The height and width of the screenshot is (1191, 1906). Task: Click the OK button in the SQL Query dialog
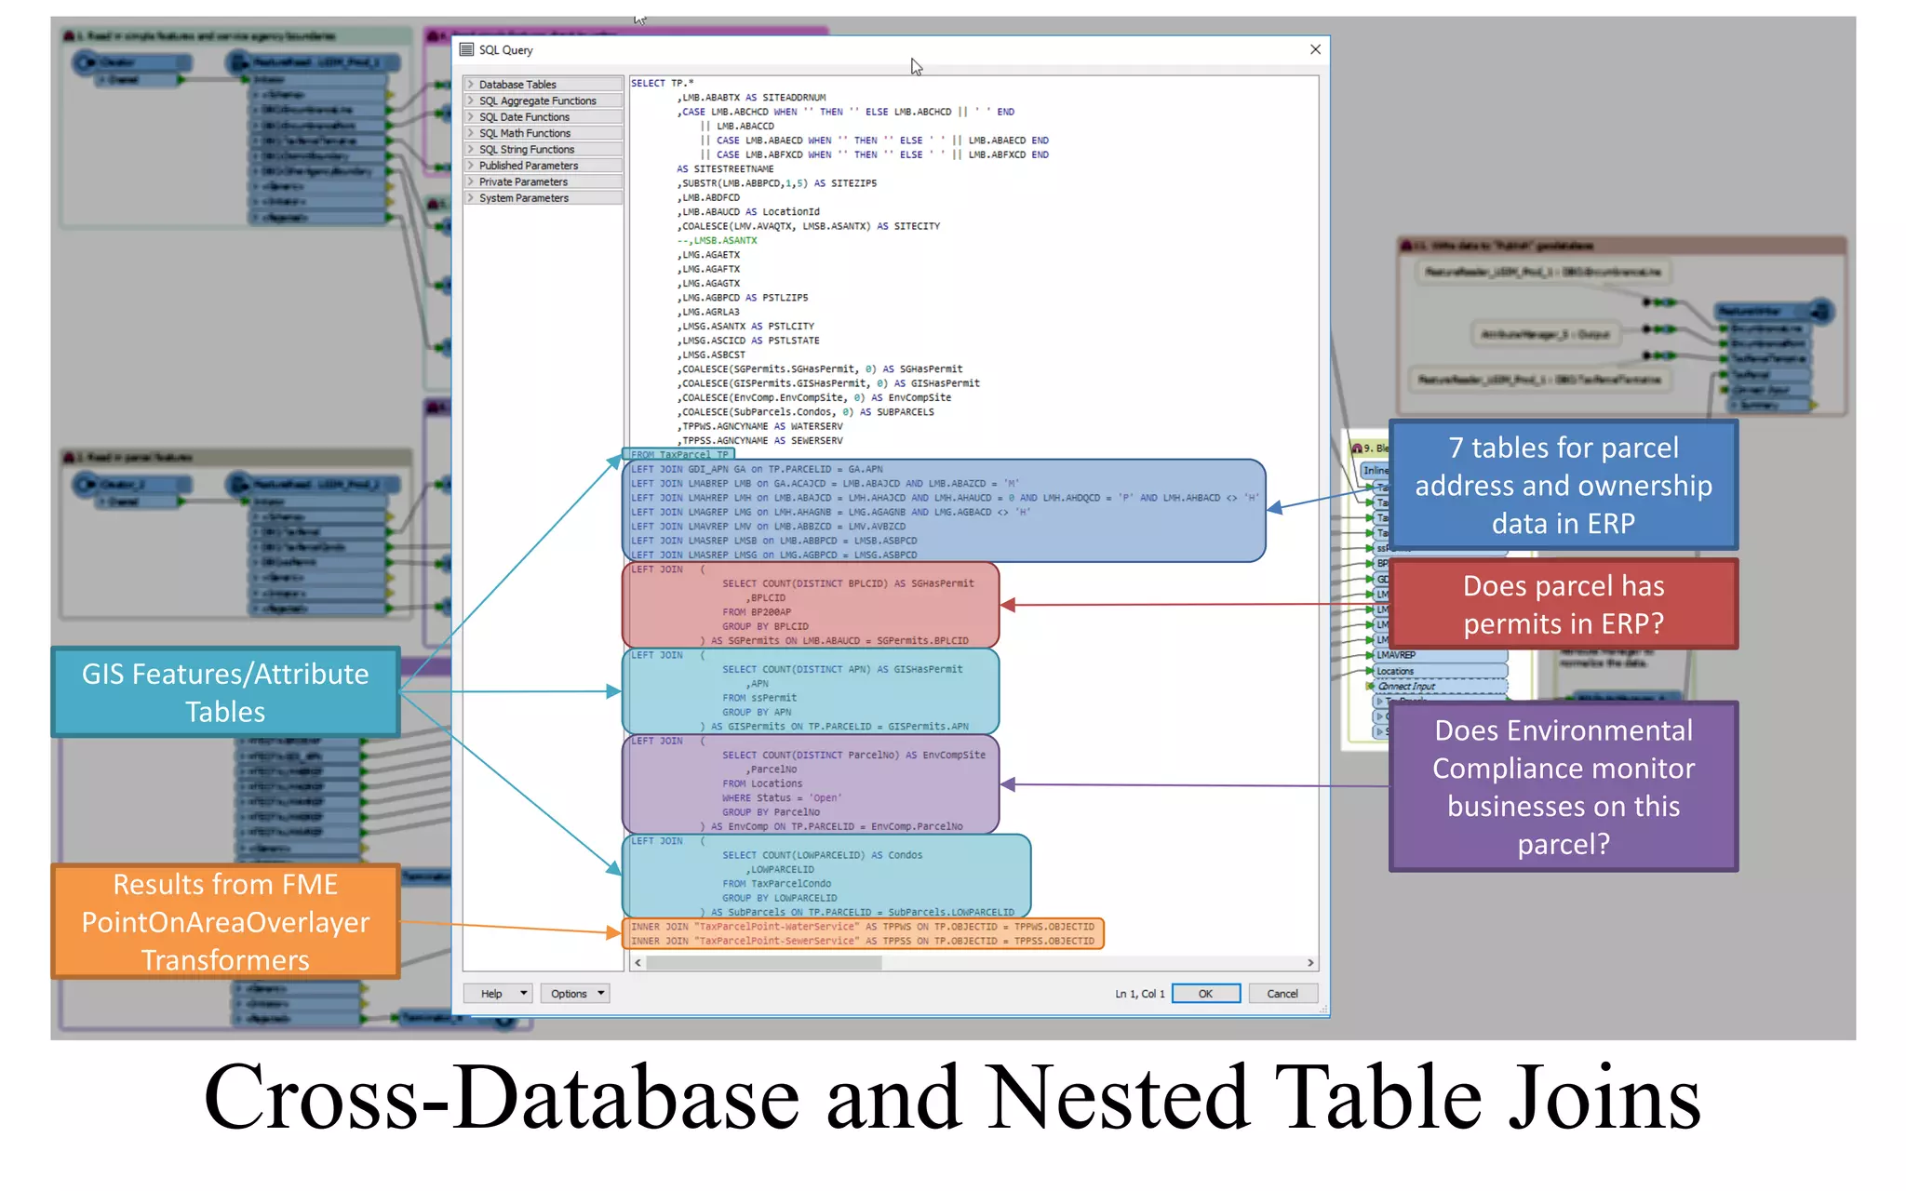[1205, 994]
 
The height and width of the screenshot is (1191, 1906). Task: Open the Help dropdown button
[498, 994]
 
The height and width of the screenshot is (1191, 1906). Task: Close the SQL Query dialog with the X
[1315, 49]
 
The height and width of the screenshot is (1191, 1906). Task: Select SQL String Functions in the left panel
[527, 150]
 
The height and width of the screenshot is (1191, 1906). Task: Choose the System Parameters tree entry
[524, 198]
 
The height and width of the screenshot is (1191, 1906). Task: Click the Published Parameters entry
[529, 166]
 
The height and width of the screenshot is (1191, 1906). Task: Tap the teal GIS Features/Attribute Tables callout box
[225, 692]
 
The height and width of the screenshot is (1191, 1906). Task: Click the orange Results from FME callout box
[225, 921]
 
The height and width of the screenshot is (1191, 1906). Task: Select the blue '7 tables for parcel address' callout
[1564, 485]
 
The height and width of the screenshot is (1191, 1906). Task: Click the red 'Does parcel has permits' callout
[1564, 604]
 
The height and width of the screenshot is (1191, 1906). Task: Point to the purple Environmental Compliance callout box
[1564, 786]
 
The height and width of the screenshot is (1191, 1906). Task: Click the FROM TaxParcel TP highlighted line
[678, 454]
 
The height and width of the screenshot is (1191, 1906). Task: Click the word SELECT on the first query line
[648, 83]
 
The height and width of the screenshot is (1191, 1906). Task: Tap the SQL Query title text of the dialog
[505, 50]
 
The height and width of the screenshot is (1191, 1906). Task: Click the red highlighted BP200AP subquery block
[810, 605]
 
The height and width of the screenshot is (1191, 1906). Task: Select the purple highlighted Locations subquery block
[810, 784]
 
